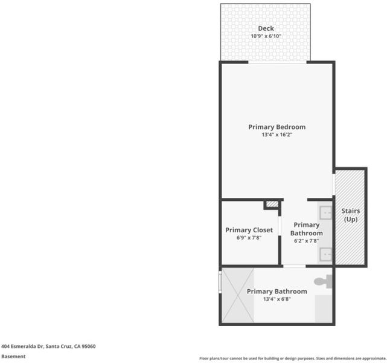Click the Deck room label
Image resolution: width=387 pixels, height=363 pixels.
[266, 28]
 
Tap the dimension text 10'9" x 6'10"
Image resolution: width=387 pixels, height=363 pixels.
[266, 36]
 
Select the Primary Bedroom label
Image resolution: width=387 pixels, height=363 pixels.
[277, 127]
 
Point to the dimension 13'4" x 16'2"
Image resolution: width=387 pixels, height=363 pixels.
[277, 135]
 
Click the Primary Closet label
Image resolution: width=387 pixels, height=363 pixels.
[249, 230]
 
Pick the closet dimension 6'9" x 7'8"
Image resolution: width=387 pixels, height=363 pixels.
[249, 238]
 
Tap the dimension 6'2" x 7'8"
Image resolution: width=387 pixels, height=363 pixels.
[306, 241]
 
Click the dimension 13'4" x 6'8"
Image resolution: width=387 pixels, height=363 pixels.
[277, 299]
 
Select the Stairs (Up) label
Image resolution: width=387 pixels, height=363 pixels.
[351, 215]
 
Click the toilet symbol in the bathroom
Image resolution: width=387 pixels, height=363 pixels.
[323, 281]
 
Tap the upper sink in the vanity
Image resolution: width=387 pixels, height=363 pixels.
[326, 213]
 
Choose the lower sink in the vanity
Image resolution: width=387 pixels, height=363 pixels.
[326, 255]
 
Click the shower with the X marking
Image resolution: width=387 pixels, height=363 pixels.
[238, 295]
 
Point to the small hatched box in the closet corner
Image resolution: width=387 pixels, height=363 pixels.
[272, 204]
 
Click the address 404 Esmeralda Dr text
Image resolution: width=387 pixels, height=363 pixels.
[48, 346]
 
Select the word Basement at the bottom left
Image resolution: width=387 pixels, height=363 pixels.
[13, 356]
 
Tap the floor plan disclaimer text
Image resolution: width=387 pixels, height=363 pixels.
[293, 358]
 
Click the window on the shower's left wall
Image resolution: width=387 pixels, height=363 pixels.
[220, 283]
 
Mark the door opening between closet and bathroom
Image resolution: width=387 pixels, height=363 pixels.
[280, 226]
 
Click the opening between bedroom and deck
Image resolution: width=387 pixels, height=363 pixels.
[277, 62]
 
